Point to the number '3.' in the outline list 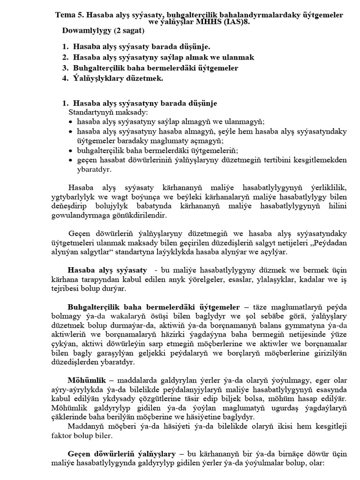point(66,68)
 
